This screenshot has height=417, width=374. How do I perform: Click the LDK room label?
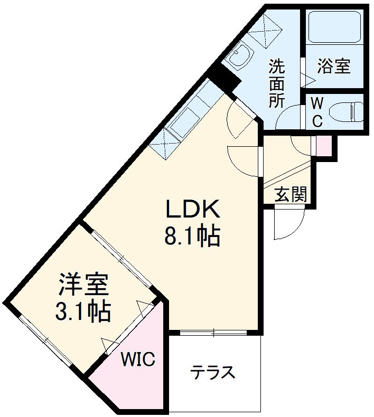[193, 211]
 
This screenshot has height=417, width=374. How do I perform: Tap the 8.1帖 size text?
[192, 237]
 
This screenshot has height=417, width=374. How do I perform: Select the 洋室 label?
[83, 286]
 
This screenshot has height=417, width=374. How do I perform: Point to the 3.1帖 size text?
[83, 311]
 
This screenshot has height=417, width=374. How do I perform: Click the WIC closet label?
[138, 360]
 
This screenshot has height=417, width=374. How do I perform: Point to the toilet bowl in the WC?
[346, 112]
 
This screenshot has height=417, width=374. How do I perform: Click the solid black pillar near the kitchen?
[225, 79]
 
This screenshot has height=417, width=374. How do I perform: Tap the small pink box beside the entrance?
[324, 146]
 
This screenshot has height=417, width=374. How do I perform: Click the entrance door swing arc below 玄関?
[288, 225]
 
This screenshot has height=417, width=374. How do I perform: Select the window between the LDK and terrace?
[213, 333]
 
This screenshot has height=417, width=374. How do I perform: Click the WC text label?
[317, 111]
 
